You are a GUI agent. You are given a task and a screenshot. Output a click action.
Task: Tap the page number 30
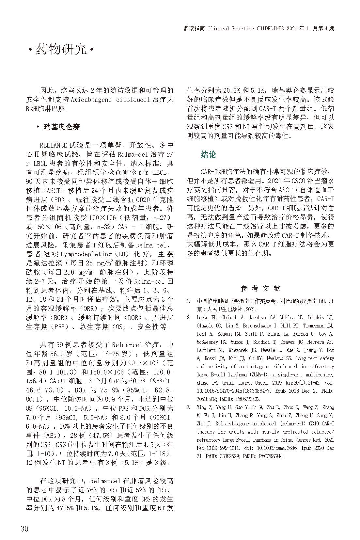click(x=24, y=529)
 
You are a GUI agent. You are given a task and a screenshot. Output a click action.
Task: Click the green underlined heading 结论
click(x=208, y=154)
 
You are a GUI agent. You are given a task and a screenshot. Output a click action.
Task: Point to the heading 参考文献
click(x=260, y=288)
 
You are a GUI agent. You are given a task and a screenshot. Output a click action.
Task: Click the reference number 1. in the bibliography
click(x=189, y=301)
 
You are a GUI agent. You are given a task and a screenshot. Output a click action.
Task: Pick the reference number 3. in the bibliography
click(x=189, y=407)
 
